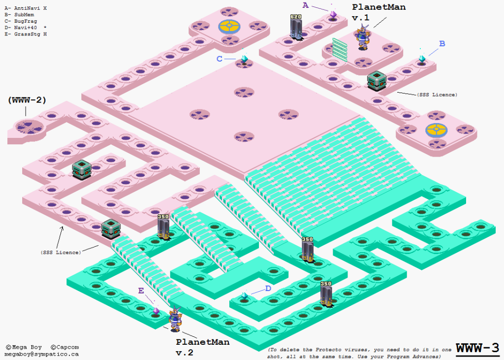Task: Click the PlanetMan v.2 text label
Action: pyautogui.click(x=202, y=347)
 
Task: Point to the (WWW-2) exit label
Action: pyautogui.click(x=27, y=100)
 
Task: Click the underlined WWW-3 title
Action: pyautogui.click(x=477, y=348)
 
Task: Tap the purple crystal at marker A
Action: pyautogui.click(x=333, y=15)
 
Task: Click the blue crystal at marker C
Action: pyautogui.click(x=245, y=59)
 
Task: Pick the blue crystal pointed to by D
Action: pyautogui.click(x=245, y=296)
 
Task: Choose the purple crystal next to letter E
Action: pyautogui.click(x=156, y=311)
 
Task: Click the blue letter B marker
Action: pyautogui.click(x=442, y=43)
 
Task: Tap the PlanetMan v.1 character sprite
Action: pyautogui.click(x=363, y=37)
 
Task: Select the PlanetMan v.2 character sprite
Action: pyautogui.click(x=175, y=319)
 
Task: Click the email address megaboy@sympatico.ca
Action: pyautogui.click(x=41, y=354)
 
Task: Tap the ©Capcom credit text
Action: pyautogui.click(x=64, y=347)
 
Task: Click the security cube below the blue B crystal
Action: pyautogui.click(x=377, y=81)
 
